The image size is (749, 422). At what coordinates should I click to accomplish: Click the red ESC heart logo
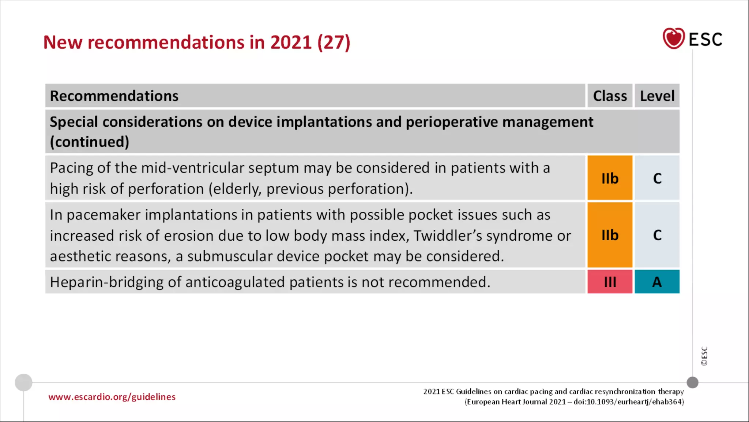tap(673, 38)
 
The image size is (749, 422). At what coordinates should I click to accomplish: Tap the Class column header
tap(610, 96)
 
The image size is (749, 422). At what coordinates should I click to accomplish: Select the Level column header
tap(657, 96)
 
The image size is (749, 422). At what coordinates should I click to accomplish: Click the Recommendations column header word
tap(114, 96)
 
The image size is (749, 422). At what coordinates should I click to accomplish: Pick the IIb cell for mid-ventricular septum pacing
tap(610, 178)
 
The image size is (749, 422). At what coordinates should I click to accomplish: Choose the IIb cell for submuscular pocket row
tap(610, 235)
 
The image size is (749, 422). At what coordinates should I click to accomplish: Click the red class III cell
tap(610, 282)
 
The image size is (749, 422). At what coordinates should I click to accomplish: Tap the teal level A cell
tap(657, 282)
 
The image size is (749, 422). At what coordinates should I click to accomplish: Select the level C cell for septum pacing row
tap(657, 178)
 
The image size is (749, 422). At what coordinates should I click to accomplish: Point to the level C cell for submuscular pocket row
tap(657, 235)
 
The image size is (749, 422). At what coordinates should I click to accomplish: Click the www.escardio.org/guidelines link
tap(112, 397)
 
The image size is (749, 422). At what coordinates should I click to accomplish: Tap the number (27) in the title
tap(334, 42)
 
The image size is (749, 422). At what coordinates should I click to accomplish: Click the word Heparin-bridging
tap(106, 282)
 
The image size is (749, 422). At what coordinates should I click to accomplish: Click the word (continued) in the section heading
tap(90, 142)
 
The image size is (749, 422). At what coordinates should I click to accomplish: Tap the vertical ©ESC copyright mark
tap(704, 356)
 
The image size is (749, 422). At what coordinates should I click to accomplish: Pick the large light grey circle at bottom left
tap(23, 382)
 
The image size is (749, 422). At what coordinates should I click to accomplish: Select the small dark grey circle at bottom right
tap(692, 382)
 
